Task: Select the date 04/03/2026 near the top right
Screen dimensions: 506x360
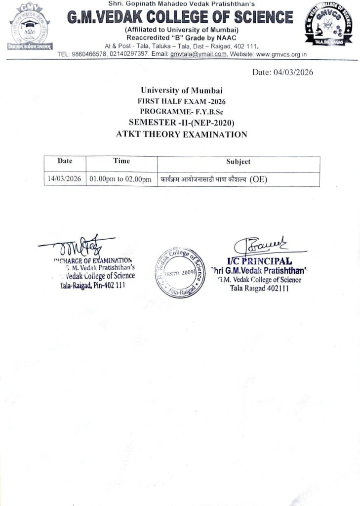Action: pos(282,72)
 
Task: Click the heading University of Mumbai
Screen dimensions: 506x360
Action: pos(181,90)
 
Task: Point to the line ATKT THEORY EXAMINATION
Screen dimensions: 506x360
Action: pos(181,134)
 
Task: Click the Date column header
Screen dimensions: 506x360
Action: pos(65,161)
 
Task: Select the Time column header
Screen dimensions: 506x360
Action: pos(121,161)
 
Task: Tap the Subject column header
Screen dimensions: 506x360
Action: pos(238,162)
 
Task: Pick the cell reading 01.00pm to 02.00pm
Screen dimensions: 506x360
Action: pos(120,179)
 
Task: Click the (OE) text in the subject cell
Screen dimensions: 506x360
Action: pos(258,179)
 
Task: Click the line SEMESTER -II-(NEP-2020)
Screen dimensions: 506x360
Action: pos(181,123)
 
